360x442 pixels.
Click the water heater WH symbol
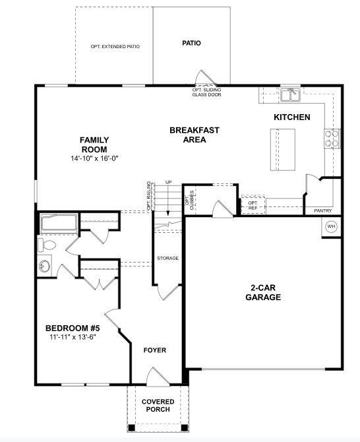331,226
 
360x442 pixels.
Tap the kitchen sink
290,96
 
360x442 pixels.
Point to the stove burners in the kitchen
332,138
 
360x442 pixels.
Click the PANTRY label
323,210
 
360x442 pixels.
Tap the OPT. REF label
253,205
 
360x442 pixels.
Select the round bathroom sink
45,266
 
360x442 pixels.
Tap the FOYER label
155,350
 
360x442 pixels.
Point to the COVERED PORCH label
158,405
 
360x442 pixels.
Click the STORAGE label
167,258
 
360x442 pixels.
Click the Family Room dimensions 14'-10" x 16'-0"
94,158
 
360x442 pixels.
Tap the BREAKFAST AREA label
195,135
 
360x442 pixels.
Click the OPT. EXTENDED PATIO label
115,47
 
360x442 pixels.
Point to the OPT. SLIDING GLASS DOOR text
206,92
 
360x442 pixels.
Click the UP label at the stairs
169,182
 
